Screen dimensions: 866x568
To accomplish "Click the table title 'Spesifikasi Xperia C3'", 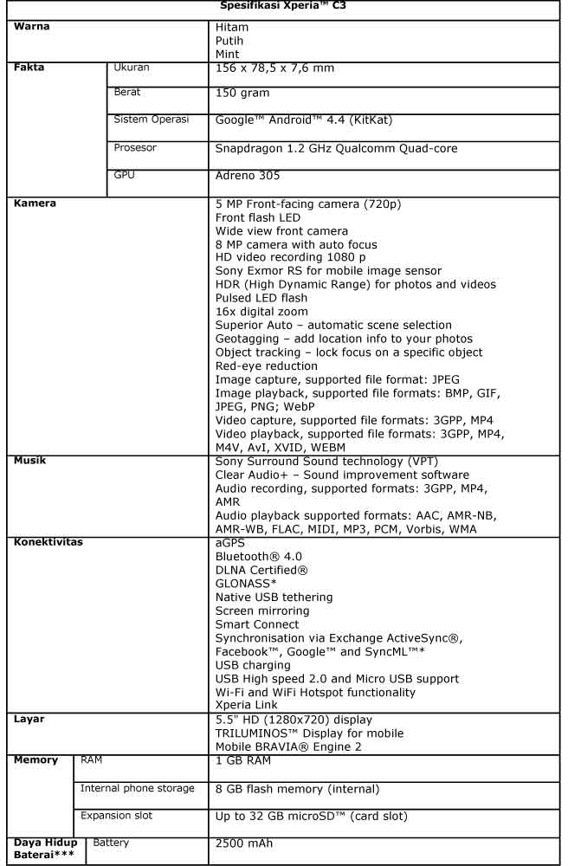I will click(x=283, y=9).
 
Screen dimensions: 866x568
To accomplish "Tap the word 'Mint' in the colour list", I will click(x=228, y=53).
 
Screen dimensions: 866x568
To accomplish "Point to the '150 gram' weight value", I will click(x=242, y=93).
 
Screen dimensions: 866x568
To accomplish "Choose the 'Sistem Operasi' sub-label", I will click(x=152, y=119).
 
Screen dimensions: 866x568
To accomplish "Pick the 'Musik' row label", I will click(x=32, y=461).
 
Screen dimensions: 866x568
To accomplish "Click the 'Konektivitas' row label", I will click(x=52, y=541).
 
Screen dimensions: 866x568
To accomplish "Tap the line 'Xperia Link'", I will click(x=248, y=705).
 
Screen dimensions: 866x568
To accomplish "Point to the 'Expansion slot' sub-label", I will click(x=120, y=815).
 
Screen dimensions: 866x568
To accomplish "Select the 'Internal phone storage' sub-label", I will click(x=138, y=787).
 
